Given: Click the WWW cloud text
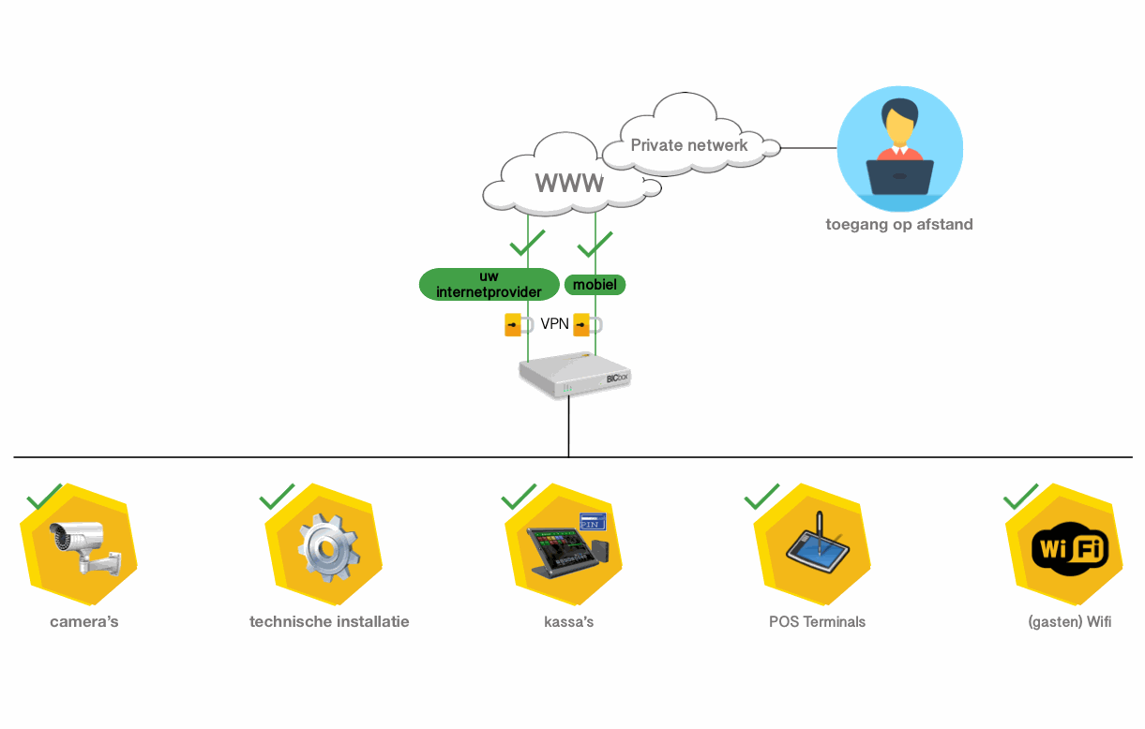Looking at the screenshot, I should pos(569,182).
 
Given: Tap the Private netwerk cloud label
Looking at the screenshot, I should pos(689,145).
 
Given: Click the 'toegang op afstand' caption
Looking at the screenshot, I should pos(898,224).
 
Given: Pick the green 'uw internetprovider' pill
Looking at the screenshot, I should pos(489,284).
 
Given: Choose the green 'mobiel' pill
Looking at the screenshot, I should pos(595,284).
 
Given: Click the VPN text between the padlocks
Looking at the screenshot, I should pos(554,324).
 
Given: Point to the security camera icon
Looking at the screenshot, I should pos(83,548).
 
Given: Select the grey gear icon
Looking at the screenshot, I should pos(327,548).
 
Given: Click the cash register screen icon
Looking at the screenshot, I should pos(565,548).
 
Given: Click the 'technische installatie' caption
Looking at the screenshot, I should pos(329,621).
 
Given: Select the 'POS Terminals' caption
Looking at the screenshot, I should pos(817,621).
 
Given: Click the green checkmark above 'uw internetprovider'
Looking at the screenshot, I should pos(527,244).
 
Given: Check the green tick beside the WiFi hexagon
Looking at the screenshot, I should pos(1020,497).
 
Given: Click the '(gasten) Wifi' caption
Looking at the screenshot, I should pos(1069,621).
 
